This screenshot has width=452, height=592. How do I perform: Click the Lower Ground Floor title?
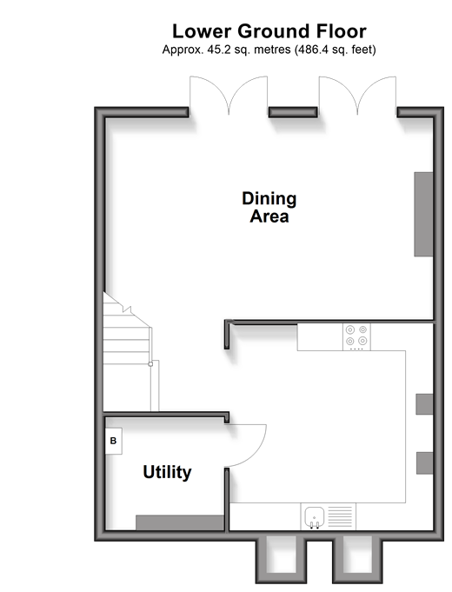point(269,31)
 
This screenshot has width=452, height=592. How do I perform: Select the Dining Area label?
point(269,207)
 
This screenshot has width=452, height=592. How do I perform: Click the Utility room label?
point(167,472)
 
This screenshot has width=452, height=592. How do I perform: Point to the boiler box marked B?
point(113,441)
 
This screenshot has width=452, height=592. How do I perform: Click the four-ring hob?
point(356,336)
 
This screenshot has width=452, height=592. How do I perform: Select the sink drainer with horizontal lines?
point(340,516)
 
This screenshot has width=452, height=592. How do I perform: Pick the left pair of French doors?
point(229,95)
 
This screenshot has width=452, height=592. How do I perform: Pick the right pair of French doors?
point(357,95)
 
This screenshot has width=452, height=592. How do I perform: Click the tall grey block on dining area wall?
point(423,215)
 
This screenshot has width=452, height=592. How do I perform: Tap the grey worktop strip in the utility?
point(180,522)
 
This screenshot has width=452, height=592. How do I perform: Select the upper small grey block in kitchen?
point(424,404)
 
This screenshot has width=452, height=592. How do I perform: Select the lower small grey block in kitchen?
point(425,463)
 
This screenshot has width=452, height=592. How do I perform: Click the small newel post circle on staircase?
point(150,364)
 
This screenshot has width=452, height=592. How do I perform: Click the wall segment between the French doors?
point(293,112)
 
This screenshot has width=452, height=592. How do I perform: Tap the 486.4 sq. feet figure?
point(335,50)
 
